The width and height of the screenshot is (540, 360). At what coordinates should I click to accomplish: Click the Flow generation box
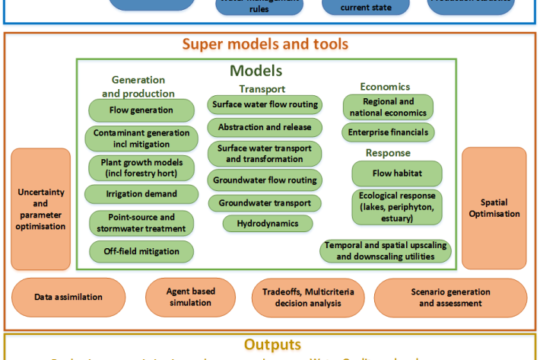[141, 110]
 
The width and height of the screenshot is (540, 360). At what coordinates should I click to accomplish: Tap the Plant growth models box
[141, 167]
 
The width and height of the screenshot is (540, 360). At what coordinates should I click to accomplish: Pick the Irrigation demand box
[141, 195]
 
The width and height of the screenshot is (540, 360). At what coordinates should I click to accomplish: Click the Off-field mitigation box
[141, 250]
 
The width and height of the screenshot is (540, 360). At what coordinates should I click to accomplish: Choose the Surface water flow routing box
[265, 105]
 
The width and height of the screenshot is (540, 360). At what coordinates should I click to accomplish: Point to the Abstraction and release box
[265, 127]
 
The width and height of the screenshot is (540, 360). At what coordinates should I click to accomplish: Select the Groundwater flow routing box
[265, 181]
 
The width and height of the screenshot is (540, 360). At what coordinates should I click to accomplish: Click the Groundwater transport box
[265, 203]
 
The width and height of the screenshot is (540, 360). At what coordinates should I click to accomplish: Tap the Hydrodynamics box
[268, 224]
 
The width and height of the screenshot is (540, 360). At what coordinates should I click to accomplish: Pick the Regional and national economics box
[388, 107]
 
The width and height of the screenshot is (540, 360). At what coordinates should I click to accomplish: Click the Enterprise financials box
[388, 132]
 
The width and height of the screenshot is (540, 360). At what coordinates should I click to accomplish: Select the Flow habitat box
[397, 174]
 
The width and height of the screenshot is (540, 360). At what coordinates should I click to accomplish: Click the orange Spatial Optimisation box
[494, 208]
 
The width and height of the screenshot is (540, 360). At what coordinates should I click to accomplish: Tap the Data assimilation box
[68, 298]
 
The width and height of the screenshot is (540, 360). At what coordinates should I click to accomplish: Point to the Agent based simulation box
[191, 298]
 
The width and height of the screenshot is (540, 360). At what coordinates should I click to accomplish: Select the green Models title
[256, 71]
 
